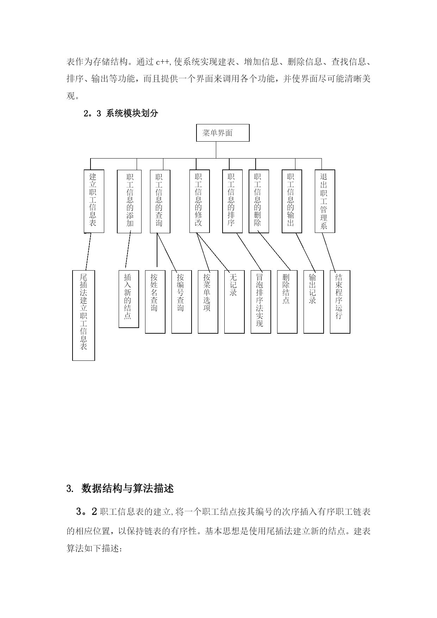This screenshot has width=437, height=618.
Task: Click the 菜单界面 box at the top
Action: pos(223,133)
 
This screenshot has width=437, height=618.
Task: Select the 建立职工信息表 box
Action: pos(94,201)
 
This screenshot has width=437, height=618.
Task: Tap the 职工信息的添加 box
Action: pos(129,201)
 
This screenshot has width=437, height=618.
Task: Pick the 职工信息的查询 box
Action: pos(160,201)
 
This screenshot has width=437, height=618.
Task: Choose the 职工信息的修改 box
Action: pos(199,201)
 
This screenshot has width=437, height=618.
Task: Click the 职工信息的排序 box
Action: pos(232,201)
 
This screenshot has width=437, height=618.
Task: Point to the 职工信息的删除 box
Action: pos(259,201)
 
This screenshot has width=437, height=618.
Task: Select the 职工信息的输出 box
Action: pos(292,201)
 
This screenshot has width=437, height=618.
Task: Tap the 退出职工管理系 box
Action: pos(325,201)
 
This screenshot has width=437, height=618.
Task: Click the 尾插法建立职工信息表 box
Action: pos(83,315)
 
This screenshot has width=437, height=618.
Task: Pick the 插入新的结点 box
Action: pos(129,299)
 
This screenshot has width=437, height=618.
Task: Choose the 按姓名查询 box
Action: pos(155,302)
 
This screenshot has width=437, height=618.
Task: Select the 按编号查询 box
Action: pos(181,302)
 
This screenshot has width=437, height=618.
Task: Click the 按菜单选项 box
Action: pos(208,302)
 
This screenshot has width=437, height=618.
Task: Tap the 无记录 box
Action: pos(234,302)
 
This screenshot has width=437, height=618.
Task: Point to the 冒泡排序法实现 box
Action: pos(261,302)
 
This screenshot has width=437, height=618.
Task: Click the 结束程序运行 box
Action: pos(340,302)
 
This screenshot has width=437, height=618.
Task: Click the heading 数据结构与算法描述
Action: pos(127,489)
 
